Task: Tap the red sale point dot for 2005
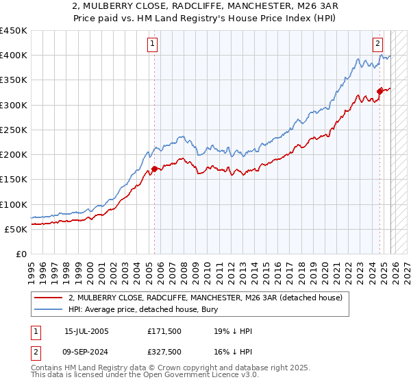tap(154, 168)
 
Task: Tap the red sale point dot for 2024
tap(380, 91)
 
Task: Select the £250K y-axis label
tap(14, 130)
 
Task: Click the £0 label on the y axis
tap(21, 254)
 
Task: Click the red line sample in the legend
tap(48, 298)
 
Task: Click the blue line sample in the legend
tap(48, 310)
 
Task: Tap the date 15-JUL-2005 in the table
tap(86, 331)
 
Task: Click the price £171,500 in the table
tap(164, 331)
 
